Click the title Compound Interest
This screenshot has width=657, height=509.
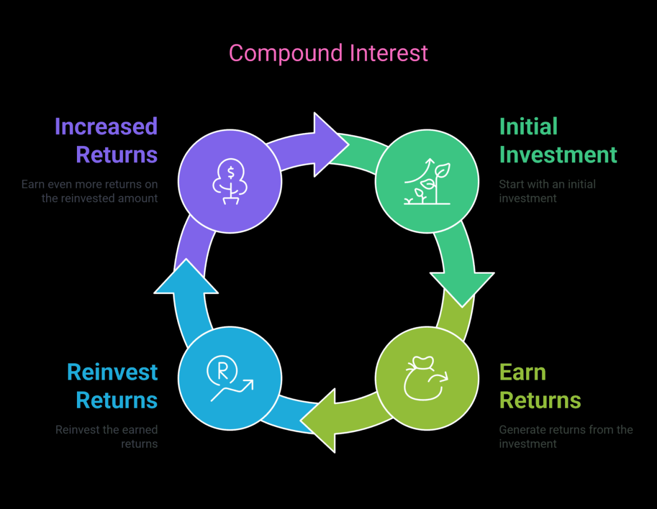328,53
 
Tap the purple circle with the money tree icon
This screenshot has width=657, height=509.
230,181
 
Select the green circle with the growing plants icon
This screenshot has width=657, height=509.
427,181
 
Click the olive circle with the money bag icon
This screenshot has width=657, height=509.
427,379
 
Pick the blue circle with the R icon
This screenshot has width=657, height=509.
230,379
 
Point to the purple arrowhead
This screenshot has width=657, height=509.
328,144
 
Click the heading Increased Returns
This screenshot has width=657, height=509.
106,140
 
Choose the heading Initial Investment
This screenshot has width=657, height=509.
558,140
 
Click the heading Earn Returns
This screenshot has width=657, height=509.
540,386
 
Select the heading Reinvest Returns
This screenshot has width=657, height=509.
112,386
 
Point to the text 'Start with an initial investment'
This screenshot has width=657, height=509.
547,191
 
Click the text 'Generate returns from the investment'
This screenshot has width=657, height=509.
566,437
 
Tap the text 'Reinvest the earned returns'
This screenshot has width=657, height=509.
107,437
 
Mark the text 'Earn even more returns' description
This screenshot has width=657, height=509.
90,191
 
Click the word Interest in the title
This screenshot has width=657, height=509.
389,53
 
